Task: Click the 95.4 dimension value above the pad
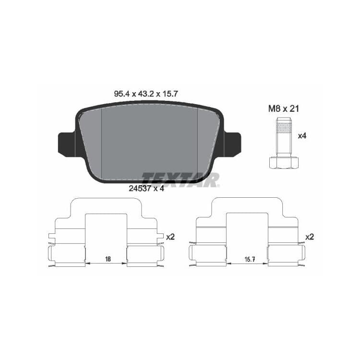[x=122, y=94]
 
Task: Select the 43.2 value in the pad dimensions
[x=146, y=94]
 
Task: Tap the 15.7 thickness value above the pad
[x=170, y=94]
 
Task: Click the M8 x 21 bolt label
[x=284, y=109]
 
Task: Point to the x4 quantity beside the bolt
[x=302, y=136]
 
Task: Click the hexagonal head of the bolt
[x=284, y=163]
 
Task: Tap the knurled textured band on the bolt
[x=284, y=128]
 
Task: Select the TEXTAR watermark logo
[x=180, y=180]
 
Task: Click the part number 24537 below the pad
[x=140, y=189]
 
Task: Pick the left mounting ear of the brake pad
[x=67, y=144]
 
